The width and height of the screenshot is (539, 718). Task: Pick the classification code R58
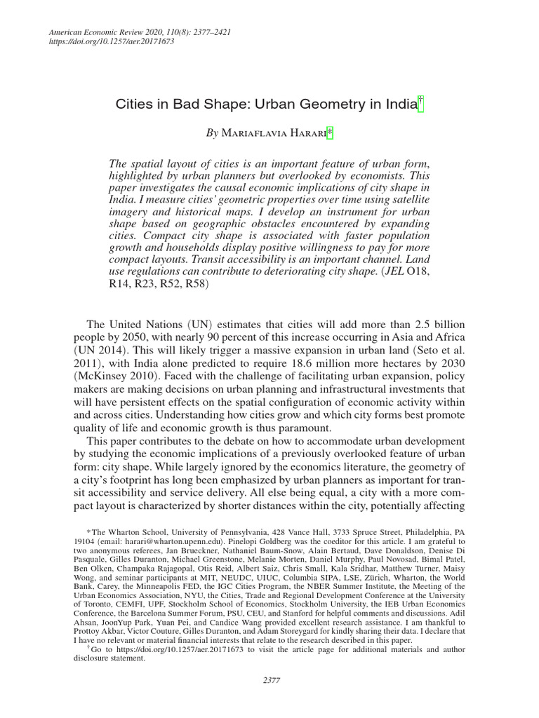(194, 285)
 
